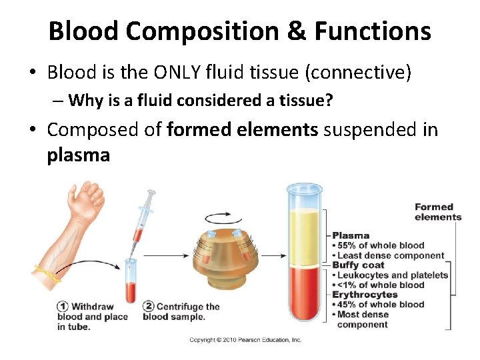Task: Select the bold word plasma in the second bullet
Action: (x=78, y=155)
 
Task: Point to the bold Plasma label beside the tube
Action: (x=351, y=235)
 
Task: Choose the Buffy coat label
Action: (x=358, y=265)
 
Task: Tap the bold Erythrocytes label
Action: (x=365, y=295)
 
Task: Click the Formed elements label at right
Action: (x=437, y=212)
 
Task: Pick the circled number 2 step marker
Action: (x=149, y=307)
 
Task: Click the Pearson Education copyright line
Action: (x=245, y=340)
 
